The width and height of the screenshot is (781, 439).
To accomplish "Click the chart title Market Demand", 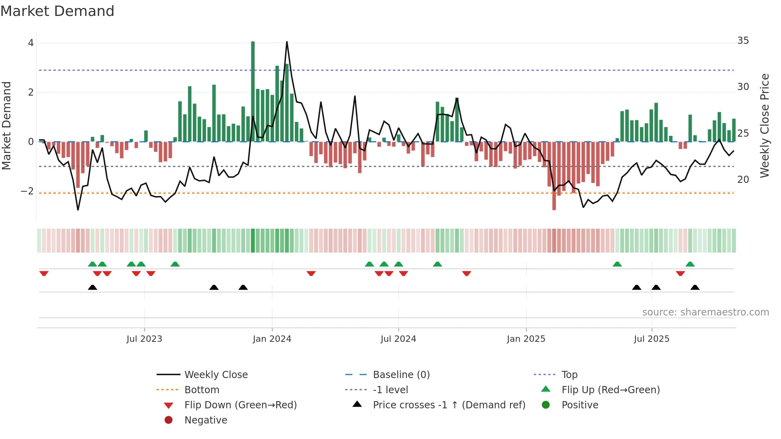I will [57, 11].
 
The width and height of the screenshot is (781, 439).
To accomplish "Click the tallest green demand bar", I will [253, 92].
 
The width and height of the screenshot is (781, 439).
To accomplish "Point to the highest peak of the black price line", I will [287, 42].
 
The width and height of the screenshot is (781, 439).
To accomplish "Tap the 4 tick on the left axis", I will [31, 43].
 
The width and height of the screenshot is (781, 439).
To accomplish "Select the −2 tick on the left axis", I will [27, 191].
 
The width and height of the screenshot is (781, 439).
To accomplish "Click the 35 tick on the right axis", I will [743, 41].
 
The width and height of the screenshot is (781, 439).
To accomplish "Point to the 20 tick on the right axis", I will [743, 180].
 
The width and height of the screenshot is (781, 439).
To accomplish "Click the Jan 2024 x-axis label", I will [272, 339].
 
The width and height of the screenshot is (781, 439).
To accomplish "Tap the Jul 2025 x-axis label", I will [651, 339].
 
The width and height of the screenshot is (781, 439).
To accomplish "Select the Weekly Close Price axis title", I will [764, 125].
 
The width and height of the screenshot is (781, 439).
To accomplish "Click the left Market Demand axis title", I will [6, 125].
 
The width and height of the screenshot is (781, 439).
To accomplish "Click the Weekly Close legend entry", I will [216, 375].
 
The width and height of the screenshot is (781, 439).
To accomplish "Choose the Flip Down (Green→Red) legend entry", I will [240, 405].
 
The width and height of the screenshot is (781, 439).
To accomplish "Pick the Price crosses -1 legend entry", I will [449, 405].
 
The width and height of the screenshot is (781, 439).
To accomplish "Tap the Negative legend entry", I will [206, 420].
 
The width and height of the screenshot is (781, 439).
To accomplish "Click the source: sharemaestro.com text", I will [705, 312].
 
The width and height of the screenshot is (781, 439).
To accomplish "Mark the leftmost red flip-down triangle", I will [44, 273].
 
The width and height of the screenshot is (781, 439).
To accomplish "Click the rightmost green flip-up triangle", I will [690, 264].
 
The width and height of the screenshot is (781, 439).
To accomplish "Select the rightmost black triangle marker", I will [695, 287].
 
